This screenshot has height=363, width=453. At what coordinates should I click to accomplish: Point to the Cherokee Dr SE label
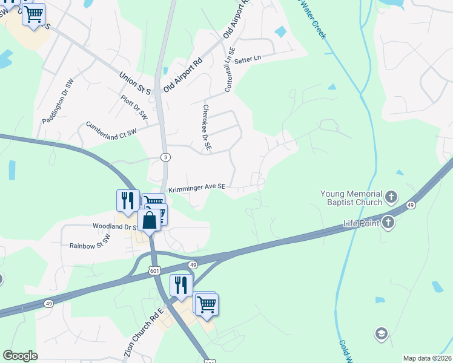(206, 127)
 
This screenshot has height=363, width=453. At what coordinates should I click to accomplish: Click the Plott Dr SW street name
(134, 106)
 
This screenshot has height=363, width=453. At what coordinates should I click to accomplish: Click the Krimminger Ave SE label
(196, 188)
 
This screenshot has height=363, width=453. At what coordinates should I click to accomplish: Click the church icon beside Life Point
(388, 223)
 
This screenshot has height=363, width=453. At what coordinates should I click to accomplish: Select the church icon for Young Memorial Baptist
(391, 197)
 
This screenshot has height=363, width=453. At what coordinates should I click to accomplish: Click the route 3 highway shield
(166, 157)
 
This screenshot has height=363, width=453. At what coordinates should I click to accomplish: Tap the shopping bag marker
(150, 220)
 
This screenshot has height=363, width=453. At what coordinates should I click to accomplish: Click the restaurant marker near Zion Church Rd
(181, 285)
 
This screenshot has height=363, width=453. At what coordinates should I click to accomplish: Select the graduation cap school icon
(381, 333)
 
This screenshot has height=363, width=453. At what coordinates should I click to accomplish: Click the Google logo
(21, 356)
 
